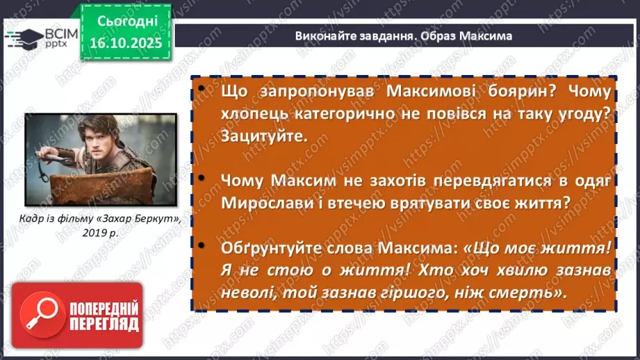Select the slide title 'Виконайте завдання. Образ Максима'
pyautogui.click(x=403, y=35)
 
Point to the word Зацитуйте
pyautogui.click(x=264, y=136)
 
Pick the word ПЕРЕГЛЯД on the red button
pyautogui.click(x=104, y=325)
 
